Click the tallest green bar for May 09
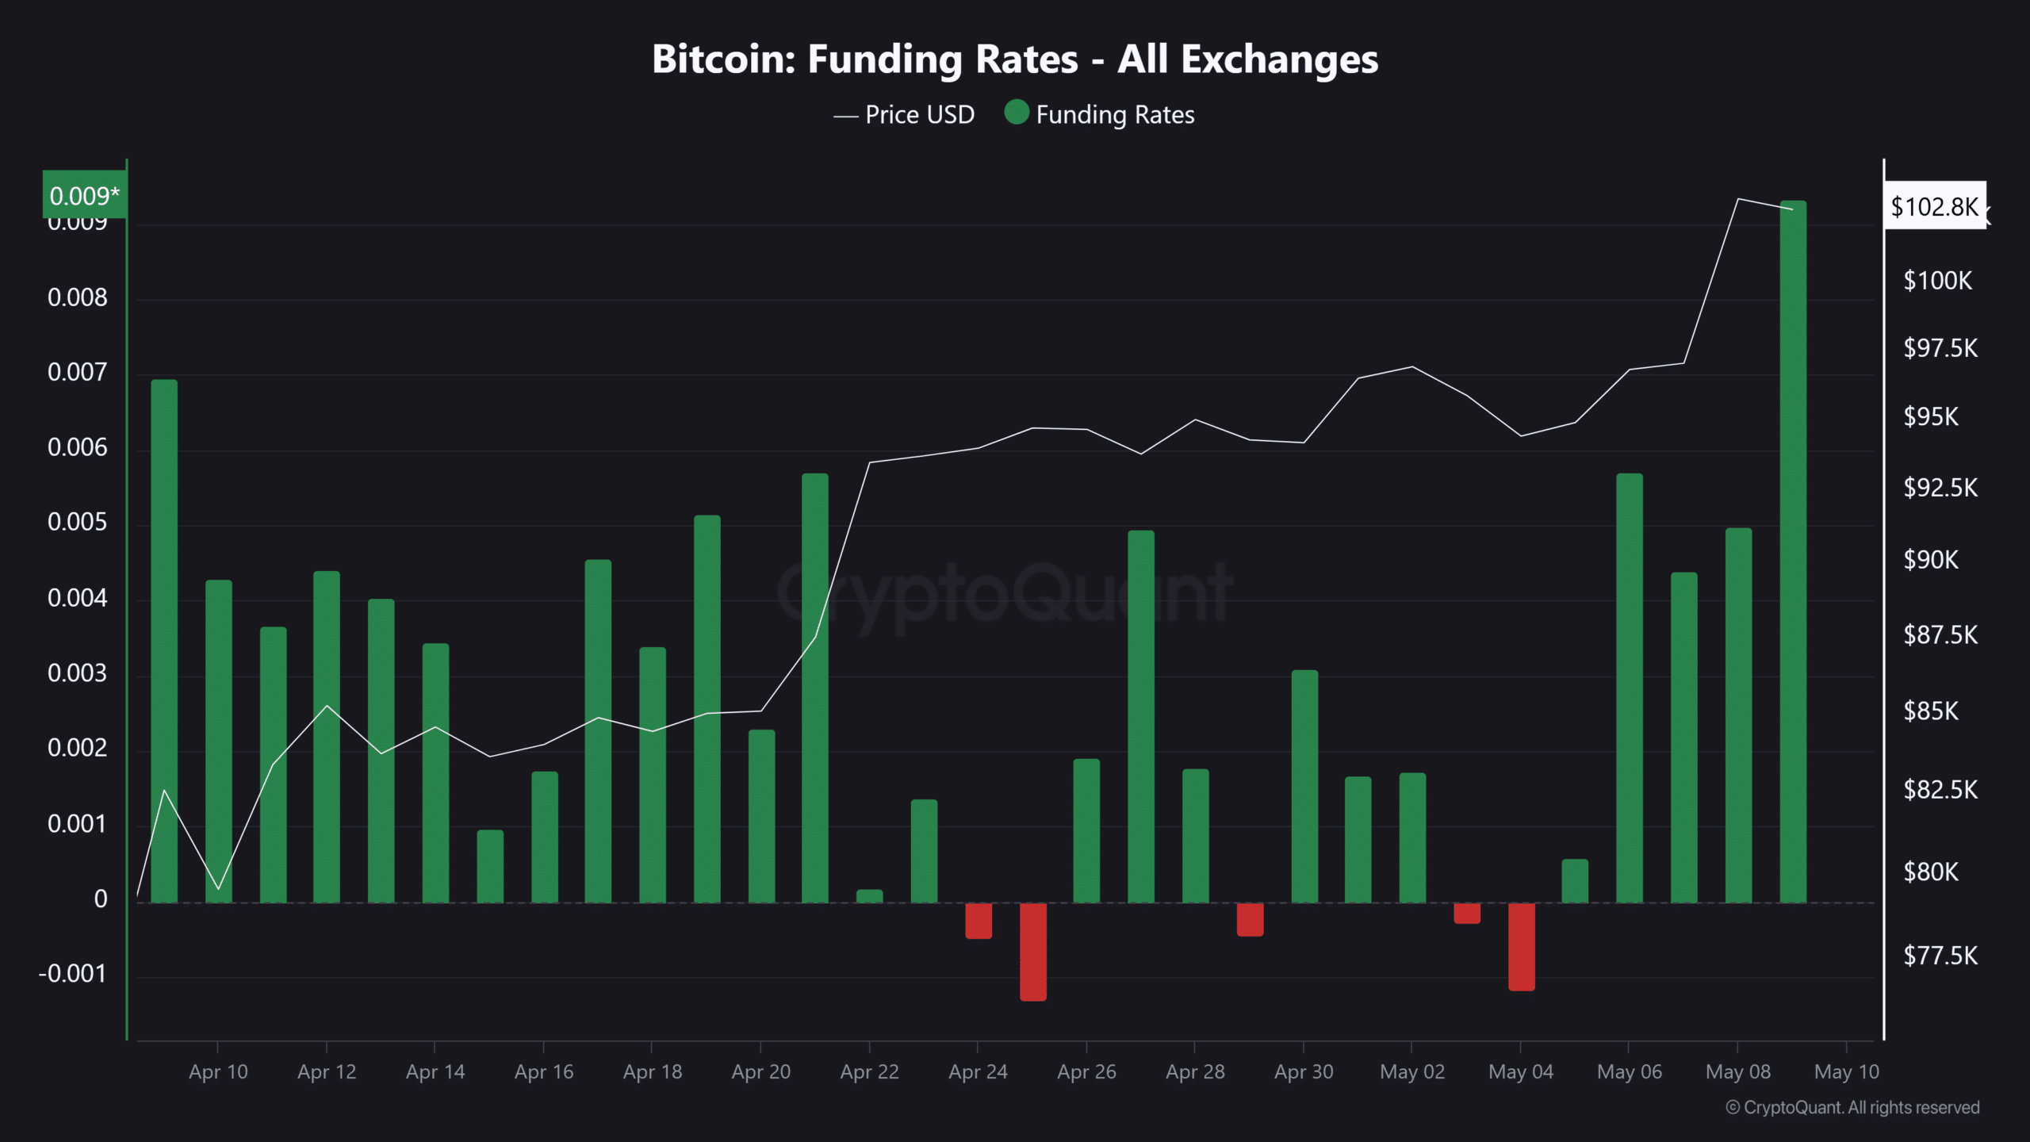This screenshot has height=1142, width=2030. click(x=1793, y=555)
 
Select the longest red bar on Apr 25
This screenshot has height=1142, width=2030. click(x=1032, y=952)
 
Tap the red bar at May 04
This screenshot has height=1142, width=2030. click(x=1521, y=947)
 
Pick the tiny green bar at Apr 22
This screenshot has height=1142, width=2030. click(x=869, y=896)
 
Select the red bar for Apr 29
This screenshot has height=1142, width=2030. click(x=1250, y=920)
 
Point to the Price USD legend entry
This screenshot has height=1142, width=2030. click(x=904, y=115)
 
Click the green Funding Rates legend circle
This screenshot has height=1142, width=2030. click(x=1016, y=113)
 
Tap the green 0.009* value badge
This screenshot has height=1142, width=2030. click(x=84, y=194)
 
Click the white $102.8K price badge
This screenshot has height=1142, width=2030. click(x=1934, y=206)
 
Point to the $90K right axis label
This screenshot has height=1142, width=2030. click(x=1931, y=560)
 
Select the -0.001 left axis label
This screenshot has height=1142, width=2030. click(x=72, y=974)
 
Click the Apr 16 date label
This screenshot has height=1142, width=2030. click(x=543, y=1072)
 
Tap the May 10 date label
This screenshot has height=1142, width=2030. click(x=1846, y=1072)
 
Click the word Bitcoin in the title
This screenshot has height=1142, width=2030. click(x=722, y=59)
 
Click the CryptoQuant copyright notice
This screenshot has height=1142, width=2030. click(x=1852, y=1108)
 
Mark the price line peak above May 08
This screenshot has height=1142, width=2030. click(x=1737, y=199)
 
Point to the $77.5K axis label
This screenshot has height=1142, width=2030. click(x=1940, y=956)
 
